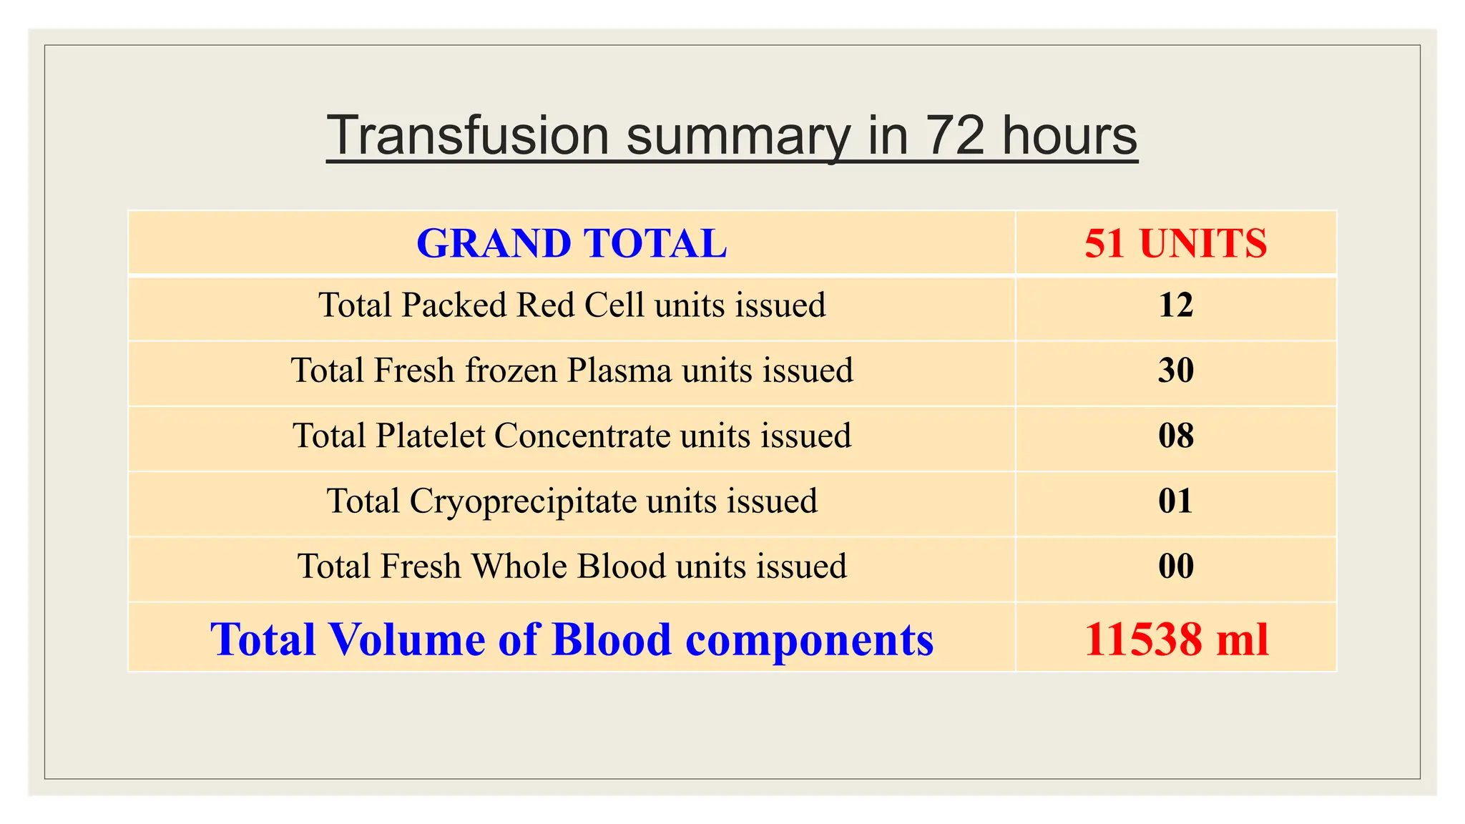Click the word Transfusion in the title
point(468,135)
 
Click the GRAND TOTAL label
point(572,243)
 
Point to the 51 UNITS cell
point(1175,243)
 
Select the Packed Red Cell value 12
point(1175,305)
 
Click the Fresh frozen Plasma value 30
point(1175,371)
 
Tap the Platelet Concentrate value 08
point(1175,436)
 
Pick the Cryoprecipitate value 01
point(1175,501)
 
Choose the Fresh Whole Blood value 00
point(1175,566)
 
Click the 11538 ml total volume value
point(1175,639)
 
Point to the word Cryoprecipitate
point(523,501)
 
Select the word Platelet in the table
point(430,436)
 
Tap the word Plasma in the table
point(619,371)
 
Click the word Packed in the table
point(454,305)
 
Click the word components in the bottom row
point(809,639)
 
